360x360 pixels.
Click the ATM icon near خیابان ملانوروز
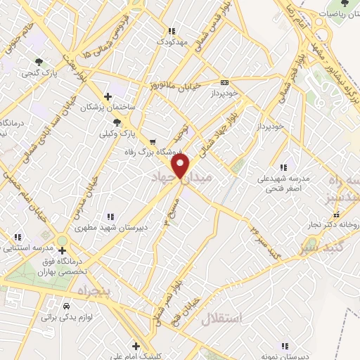[x=224, y=81]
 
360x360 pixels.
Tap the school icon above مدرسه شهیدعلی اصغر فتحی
[x=283, y=167]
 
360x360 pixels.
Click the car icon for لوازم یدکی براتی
[x=65, y=307]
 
